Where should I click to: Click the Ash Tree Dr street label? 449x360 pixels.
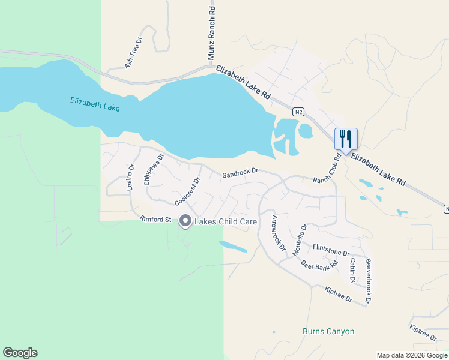[133, 52]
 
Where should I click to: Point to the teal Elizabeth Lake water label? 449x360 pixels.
[95, 104]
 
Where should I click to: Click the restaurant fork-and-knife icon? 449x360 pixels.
[345, 139]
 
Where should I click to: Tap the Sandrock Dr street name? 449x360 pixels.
[240, 173]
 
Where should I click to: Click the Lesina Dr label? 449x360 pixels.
[130, 178]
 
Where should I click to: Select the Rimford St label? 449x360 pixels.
[156, 219]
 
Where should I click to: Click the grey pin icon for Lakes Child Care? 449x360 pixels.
[185, 221]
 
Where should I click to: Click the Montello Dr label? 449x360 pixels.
[300, 240]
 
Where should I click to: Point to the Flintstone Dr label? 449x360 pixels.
[331, 250]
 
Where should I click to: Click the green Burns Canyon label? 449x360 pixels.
[328, 331]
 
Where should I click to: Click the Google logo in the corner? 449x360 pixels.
[20, 353]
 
